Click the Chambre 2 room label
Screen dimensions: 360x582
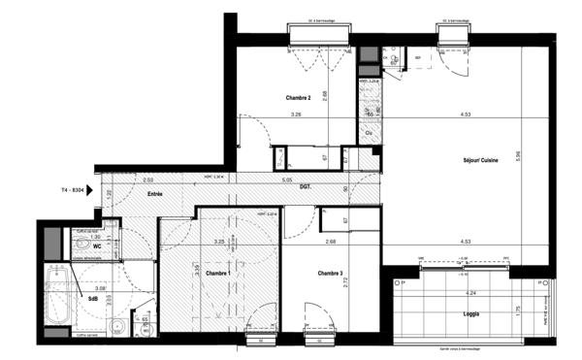pyautogui.click(x=298, y=98)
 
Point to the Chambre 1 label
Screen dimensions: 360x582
pyautogui.click(x=217, y=274)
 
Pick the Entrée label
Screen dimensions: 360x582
pyautogui.click(x=155, y=195)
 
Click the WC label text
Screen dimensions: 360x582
pyautogui.click(x=97, y=246)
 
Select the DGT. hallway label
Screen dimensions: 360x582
pyautogui.click(x=305, y=185)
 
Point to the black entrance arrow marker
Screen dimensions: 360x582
pyautogui.click(x=89, y=190)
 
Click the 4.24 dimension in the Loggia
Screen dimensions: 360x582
pyautogui.click(x=470, y=291)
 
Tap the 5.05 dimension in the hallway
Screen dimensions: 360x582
pyautogui.click(x=287, y=180)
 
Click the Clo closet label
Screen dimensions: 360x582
pyautogui.click(x=370, y=132)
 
